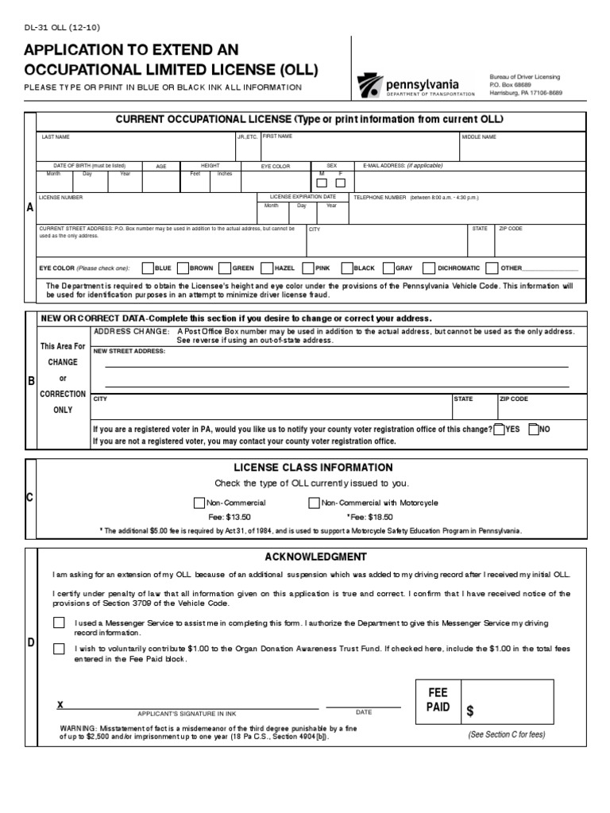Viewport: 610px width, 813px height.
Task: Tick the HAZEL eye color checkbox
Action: [x=267, y=268]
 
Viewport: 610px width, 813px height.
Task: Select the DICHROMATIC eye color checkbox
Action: [x=430, y=268]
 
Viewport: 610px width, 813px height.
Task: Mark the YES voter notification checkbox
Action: [x=499, y=430]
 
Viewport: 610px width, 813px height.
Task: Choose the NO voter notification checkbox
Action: [x=534, y=430]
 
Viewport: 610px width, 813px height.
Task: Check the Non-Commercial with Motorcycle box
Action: [x=314, y=503]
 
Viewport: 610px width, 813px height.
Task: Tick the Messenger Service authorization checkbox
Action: [x=60, y=622]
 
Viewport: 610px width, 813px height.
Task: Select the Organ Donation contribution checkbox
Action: [x=60, y=649]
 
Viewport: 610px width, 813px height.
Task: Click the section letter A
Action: [x=30, y=207]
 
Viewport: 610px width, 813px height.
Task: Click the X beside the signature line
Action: [x=60, y=705]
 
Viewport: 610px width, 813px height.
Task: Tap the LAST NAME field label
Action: [x=56, y=137]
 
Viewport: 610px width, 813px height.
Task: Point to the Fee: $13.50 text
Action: [x=230, y=516]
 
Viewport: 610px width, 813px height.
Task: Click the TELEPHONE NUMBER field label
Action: [x=380, y=197]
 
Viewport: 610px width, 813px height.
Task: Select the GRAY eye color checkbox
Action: [x=389, y=268]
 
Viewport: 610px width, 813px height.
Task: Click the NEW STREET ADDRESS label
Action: [x=129, y=350]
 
